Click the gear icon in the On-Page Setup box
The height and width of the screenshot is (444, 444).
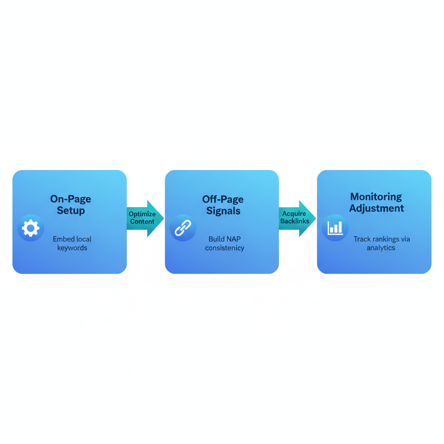[x=31, y=228]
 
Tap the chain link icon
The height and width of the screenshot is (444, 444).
[x=183, y=228]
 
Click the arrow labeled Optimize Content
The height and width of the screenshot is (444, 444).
[x=145, y=218]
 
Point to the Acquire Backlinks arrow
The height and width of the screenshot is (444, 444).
[x=297, y=218]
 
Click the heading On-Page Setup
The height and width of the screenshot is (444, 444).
[x=71, y=205]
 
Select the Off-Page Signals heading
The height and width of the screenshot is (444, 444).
[x=223, y=205]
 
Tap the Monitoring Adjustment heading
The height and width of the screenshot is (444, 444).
[x=376, y=202]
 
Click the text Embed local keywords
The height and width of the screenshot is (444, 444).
[x=72, y=244]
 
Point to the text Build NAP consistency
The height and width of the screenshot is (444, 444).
[x=225, y=244]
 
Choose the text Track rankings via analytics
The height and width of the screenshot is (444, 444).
[x=381, y=244]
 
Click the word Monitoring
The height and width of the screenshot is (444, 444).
[x=376, y=197]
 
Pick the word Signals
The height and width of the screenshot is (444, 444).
[x=223, y=211]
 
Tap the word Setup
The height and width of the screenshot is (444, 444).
[x=71, y=211]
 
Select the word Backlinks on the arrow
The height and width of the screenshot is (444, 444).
[x=295, y=222]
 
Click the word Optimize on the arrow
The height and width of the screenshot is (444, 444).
[x=142, y=214]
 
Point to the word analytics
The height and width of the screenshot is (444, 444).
[x=381, y=248]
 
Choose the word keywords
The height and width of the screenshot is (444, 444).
[x=72, y=248]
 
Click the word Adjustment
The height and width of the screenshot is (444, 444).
[x=376, y=209]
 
